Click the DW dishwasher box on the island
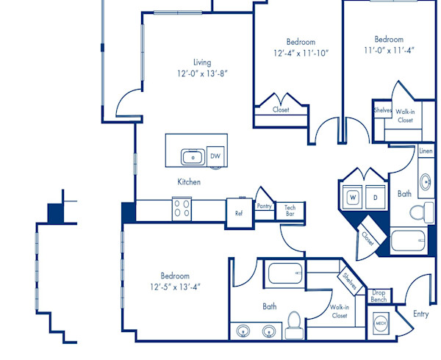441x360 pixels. [x=215, y=156]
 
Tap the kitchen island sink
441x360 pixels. [x=193, y=157]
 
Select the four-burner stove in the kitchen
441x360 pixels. [x=182, y=209]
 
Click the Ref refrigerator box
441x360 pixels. [x=239, y=213]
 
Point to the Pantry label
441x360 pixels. [x=264, y=206]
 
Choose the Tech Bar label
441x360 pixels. [x=290, y=211]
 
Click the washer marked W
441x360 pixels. [x=353, y=197]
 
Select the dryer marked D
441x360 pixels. [x=376, y=197]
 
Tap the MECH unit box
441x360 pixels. [x=381, y=323]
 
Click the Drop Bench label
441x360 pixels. [x=379, y=296]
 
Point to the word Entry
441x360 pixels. [x=420, y=314]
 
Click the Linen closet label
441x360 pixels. [x=426, y=151]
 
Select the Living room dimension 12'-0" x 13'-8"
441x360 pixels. [x=202, y=73]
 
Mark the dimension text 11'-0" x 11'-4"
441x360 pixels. [x=390, y=51]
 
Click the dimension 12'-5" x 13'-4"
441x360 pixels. [x=175, y=287]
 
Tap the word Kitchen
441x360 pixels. [x=189, y=181]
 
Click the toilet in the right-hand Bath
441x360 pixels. [x=422, y=212]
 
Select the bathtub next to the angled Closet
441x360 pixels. [x=409, y=240]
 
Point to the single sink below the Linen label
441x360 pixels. [x=426, y=181]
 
